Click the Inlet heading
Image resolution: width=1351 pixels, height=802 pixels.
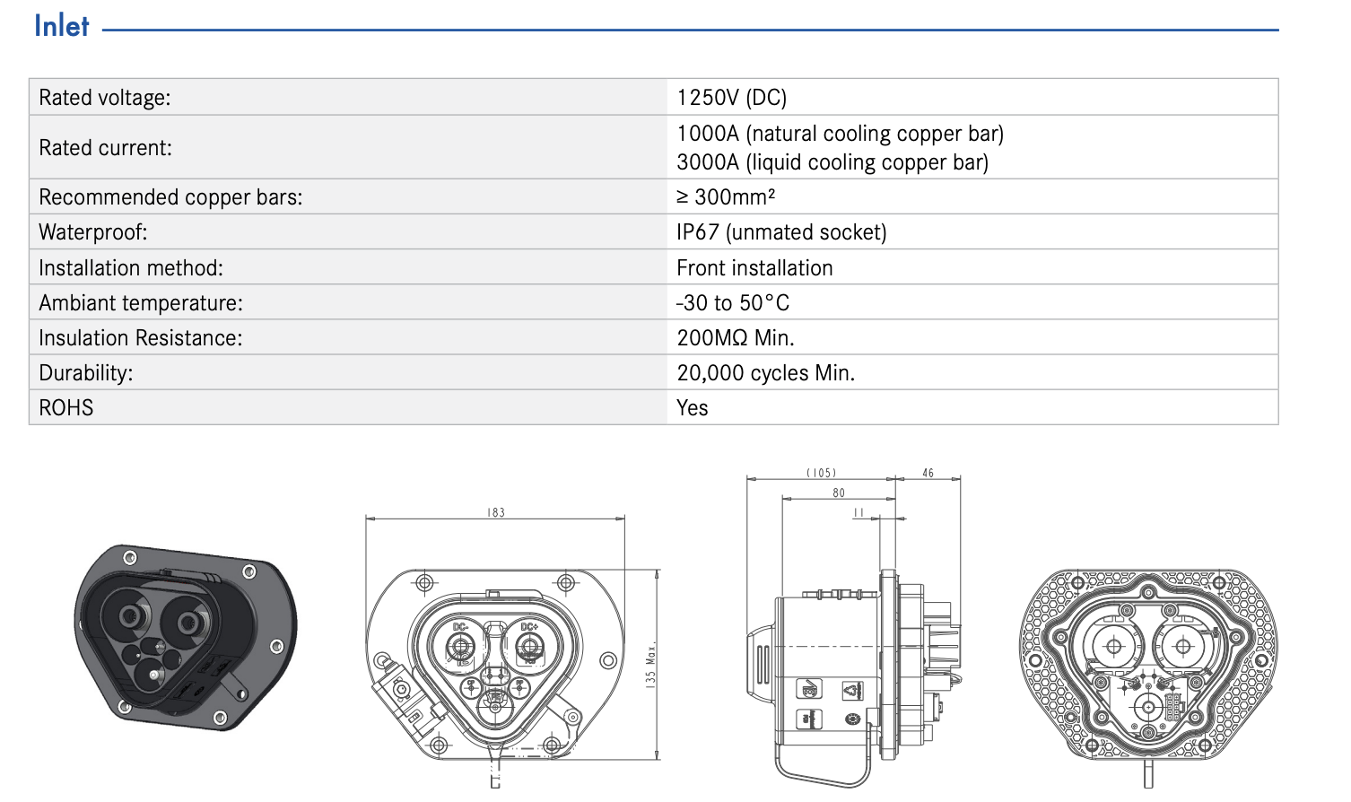click(x=62, y=26)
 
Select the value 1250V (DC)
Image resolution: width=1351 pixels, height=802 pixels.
click(x=731, y=98)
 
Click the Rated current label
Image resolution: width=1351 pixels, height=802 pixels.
click(x=105, y=148)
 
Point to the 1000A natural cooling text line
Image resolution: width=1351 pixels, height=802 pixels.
click(x=840, y=134)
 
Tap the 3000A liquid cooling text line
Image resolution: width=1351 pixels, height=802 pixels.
click(x=832, y=162)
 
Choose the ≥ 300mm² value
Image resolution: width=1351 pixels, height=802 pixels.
click(x=725, y=196)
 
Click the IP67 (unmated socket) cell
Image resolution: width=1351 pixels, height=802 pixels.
click(x=780, y=232)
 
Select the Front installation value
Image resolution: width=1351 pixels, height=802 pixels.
click(x=754, y=268)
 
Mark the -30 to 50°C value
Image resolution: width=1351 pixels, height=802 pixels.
click(x=733, y=303)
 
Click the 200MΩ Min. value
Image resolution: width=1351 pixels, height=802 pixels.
click(x=735, y=338)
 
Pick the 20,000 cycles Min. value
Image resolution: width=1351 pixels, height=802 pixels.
click(x=765, y=373)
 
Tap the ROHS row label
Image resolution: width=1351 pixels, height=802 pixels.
click(x=66, y=408)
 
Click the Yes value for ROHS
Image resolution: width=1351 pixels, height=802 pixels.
click(x=692, y=408)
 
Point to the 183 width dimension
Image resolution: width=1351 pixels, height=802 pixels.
click(x=496, y=512)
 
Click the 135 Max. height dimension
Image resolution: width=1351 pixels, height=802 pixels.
click(x=651, y=664)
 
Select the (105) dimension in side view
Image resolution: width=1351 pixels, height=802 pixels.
click(x=821, y=473)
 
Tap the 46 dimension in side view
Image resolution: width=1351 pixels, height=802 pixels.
click(x=928, y=473)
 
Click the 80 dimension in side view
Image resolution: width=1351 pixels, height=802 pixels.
click(x=839, y=493)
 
